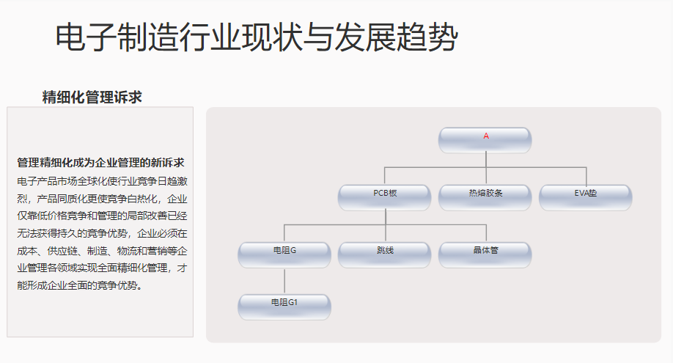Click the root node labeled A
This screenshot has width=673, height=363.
[485, 139]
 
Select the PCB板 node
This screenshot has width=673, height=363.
[385, 197]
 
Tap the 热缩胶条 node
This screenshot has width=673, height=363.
[485, 197]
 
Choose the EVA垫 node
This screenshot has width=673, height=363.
[585, 197]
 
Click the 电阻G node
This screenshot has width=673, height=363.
[284, 254]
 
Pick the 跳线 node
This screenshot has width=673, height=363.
[385, 254]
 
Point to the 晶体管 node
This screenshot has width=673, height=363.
[485, 254]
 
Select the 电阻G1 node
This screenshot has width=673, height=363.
[284, 306]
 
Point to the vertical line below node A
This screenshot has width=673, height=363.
[485, 160]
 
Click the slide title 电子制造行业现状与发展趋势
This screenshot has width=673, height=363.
[256, 37]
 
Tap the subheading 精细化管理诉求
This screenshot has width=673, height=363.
[92, 97]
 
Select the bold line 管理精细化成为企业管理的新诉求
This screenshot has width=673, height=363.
[100, 162]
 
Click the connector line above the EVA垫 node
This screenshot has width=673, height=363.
[586, 176]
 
